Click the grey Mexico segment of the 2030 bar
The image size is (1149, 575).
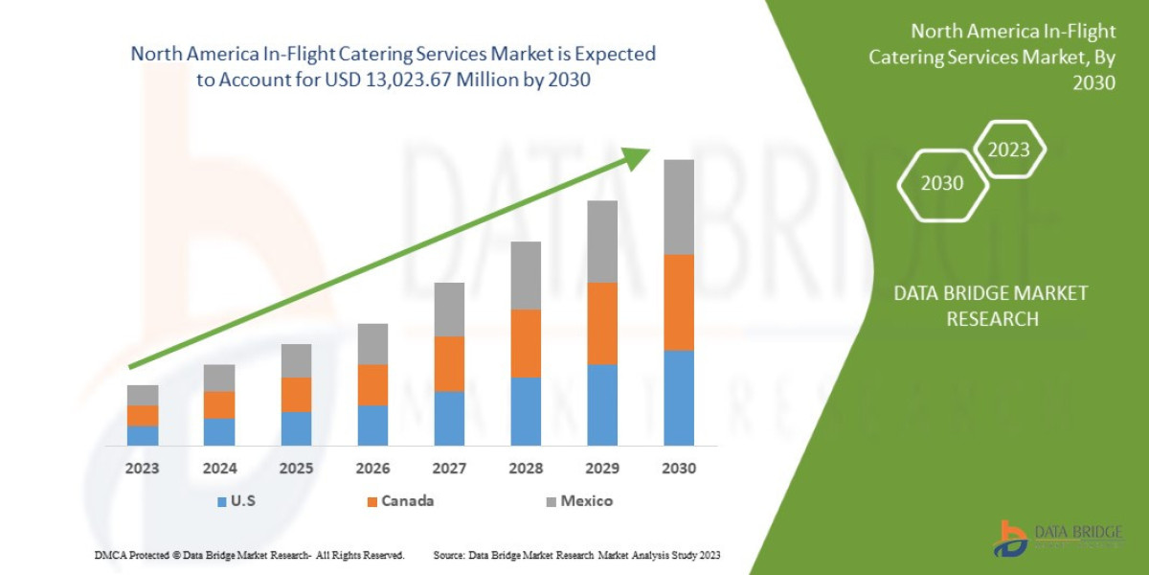[679, 207]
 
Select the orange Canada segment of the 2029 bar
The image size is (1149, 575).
[602, 323]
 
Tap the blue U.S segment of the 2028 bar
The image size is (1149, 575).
[526, 411]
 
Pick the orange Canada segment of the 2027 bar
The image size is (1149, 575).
[449, 363]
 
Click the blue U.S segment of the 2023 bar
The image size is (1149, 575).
[143, 435]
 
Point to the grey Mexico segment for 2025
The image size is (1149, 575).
[296, 360]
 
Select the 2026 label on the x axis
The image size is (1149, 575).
[372, 469]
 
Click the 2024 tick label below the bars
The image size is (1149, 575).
[219, 469]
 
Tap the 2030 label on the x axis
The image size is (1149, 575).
[679, 469]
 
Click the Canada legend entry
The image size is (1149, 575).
[398, 501]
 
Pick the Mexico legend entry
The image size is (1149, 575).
[577, 501]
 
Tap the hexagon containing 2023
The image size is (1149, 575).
[1008, 149]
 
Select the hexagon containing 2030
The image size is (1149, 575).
[942, 183]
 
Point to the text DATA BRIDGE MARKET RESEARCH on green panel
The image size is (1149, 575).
[991, 306]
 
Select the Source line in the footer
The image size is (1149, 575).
[576, 555]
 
